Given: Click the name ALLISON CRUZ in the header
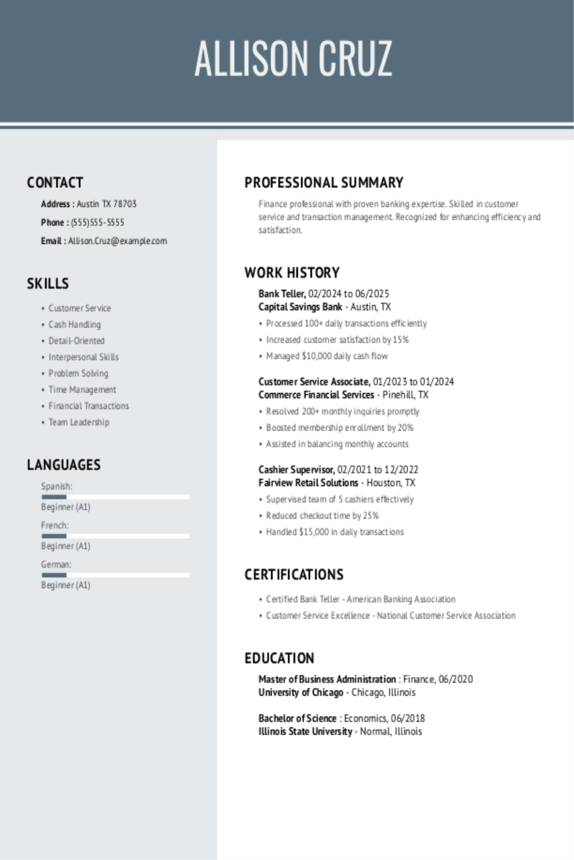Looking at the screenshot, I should coord(293,59).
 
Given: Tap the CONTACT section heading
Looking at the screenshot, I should coord(55,183).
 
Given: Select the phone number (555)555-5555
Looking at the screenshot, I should coord(98,222).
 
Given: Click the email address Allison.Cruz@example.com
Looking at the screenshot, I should coord(117,241).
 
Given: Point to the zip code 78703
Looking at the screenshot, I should coord(125,204).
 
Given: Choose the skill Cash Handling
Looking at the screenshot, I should coord(75,324).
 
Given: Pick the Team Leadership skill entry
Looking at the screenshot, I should coord(78,422).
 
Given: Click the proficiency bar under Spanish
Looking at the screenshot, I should coord(115,496).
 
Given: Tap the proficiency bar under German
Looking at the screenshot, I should coord(115,575).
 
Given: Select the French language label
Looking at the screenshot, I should coord(55,526).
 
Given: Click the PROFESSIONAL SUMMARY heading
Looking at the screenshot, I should coord(323,183).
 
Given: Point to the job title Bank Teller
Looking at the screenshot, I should coord(281,294).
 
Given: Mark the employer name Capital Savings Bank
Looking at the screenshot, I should coord(300,307).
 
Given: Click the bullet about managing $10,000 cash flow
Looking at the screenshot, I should coord(327,356).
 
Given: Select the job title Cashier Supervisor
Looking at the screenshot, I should coord(296,469).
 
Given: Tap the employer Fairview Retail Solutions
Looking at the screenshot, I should coord(308,483).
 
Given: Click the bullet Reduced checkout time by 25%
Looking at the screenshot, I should coord(322,515).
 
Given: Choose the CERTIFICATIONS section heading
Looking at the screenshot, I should coord(293,575).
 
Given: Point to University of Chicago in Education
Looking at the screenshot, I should coord(300,692).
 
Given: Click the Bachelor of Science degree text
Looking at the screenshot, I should coord(297,718).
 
